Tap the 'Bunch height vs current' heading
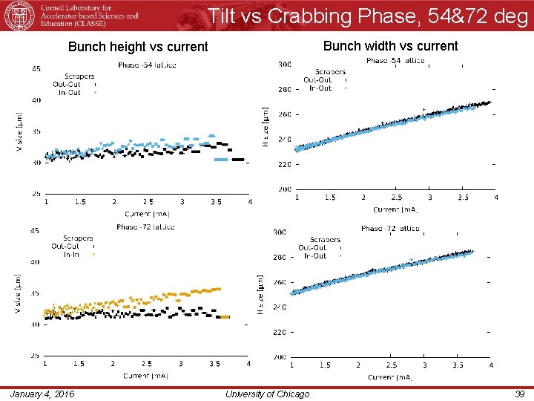[x=138, y=47]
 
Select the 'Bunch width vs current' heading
[x=390, y=46]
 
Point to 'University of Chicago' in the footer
[x=266, y=394]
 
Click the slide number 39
[x=519, y=394]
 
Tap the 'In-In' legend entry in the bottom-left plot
[x=72, y=254]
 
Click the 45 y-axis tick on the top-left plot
[x=36, y=68]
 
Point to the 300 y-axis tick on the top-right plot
[x=284, y=65]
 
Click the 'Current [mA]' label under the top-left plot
[x=147, y=214]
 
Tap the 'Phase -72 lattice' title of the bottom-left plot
[x=145, y=226]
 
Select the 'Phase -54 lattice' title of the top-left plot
[x=147, y=65]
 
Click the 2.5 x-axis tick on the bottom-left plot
[x=147, y=364]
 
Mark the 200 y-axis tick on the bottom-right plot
[x=280, y=357]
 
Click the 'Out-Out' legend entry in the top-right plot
[x=317, y=79]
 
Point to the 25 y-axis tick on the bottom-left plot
[x=36, y=356]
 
